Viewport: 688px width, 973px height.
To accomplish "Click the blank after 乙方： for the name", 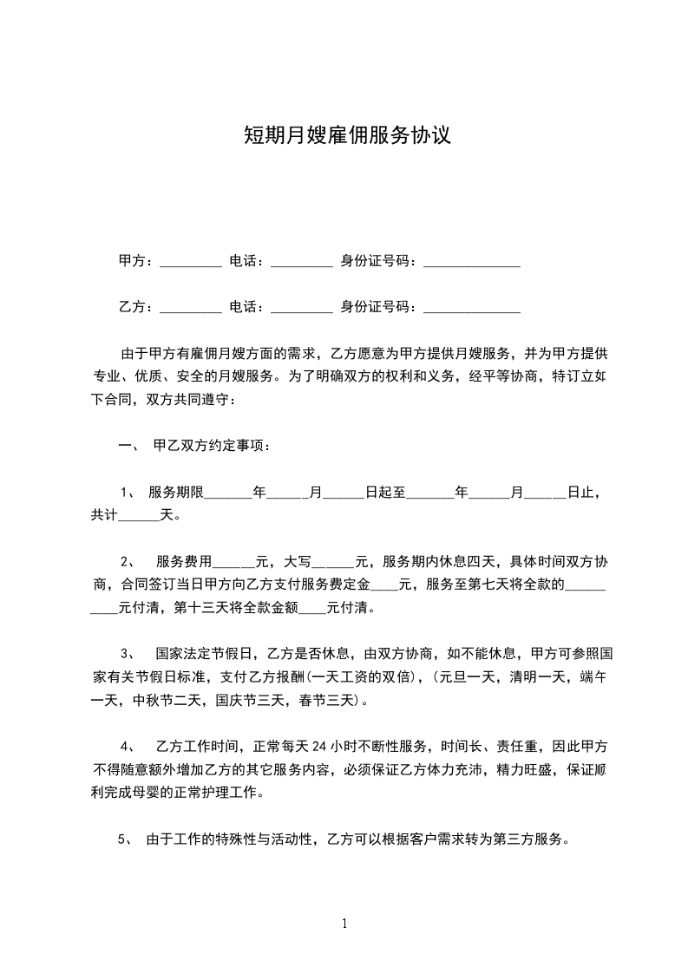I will click(191, 306).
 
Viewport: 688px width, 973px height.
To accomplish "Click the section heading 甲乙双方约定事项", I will click(211, 446).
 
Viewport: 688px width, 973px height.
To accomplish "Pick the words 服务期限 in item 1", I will click(176, 493).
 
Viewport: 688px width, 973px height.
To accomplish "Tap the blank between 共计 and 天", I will click(136, 515).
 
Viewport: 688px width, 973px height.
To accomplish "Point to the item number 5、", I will click(125, 839).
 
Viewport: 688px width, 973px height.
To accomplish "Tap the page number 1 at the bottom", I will click(344, 924).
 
